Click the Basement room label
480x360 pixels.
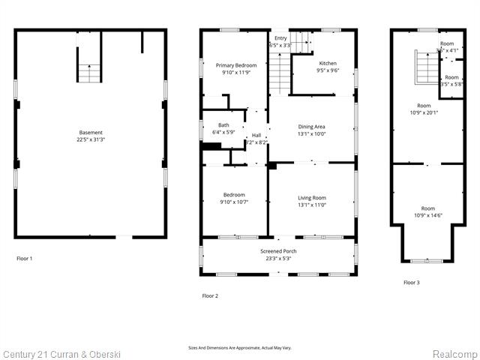91,133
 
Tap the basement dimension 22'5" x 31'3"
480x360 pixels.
91,139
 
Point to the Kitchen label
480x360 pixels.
328,64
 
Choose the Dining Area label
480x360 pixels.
312,127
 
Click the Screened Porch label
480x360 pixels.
275,251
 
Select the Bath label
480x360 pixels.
223,125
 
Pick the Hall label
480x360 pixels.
256,136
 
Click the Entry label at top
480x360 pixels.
280,38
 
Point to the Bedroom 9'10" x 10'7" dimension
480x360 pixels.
232,202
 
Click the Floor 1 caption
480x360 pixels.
25,259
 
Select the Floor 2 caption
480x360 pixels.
210,296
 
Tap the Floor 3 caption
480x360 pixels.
412,283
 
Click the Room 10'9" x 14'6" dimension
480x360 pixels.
427,215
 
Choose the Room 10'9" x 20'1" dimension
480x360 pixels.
424,112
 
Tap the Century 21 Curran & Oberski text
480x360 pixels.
61,353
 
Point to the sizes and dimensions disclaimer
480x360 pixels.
239,348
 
